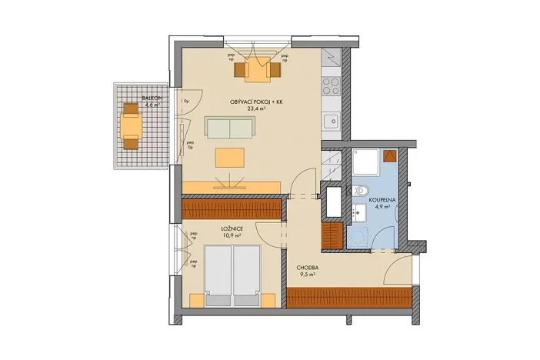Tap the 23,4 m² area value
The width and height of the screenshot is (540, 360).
coord(256,109)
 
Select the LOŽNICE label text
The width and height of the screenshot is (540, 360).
coord(233,228)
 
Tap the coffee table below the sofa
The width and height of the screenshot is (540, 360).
coord(230,158)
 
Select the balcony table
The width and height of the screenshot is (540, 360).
coord(132,125)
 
